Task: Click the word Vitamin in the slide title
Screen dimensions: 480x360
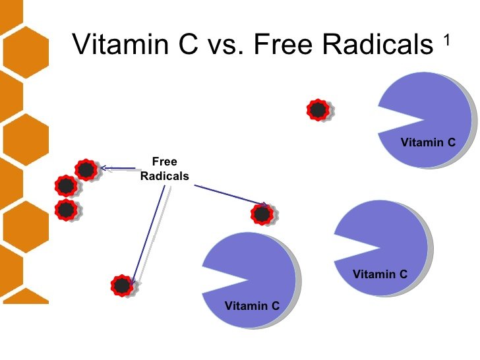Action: (x=121, y=44)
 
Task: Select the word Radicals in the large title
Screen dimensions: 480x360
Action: (x=377, y=44)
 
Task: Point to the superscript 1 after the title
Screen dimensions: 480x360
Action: (x=447, y=40)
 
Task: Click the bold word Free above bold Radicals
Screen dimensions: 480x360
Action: (x=164, y=162)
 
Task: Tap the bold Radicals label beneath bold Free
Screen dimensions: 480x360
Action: (x=164, y=176)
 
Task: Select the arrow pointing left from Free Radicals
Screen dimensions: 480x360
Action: (x=118, y=168)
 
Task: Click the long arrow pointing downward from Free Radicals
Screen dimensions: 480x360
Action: (x=148, y=235)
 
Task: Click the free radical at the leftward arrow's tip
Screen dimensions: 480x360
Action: (x=86, y=169)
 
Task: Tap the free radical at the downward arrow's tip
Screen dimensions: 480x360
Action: (x=122, y=285)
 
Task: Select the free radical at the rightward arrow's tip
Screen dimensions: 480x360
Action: (x=262, y=214)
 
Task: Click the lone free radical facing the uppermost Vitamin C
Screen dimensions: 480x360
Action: (x=318, y=109)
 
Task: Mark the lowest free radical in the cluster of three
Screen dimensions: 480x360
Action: (x=66, y=210)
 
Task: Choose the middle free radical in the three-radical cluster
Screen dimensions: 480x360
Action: (x=66, y=186)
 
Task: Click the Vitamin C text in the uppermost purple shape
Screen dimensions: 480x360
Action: (x=428, y=142)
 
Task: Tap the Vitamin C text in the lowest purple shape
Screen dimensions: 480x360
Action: (x=252, y=305)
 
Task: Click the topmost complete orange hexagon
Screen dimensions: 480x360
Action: (x=26, y=52)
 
